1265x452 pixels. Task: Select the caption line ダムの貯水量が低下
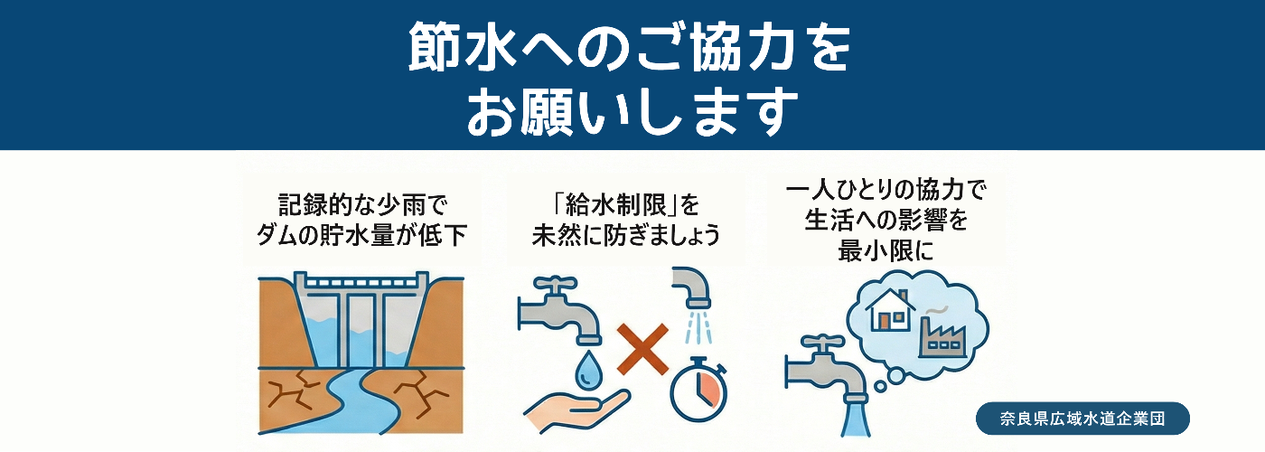(x=361, y=236)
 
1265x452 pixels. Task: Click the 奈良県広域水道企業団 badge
(x=1082, y=419)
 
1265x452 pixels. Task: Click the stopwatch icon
(x=698, y=390)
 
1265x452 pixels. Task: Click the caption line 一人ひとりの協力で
(x=885, y=192)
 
